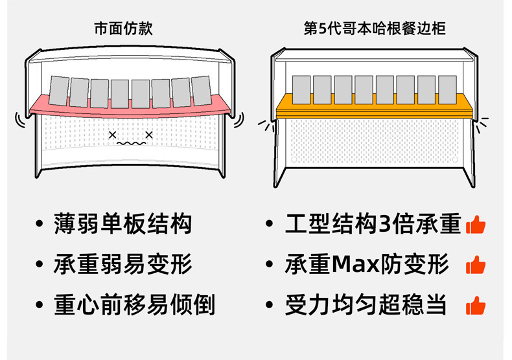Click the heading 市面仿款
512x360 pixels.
pos(123,28)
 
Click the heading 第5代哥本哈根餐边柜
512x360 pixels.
pos(375,28)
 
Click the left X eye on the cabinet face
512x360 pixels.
pos(112,135)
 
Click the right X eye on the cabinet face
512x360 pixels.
pos(149,135)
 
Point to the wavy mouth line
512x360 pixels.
pos(131,144)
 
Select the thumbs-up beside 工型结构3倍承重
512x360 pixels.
pos(476,225)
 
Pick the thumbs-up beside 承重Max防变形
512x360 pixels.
pos(476,265)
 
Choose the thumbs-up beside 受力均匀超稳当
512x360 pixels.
pos(476,305)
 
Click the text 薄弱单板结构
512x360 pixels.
pos(122,223)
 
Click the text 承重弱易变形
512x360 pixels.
pos(122,264)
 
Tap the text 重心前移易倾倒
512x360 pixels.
pos(134,304)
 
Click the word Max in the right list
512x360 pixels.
pos(355,264)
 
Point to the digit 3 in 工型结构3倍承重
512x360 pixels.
pos(386,224)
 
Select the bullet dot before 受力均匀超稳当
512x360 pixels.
pos(270,305)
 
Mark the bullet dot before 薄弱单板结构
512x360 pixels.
pos(39,223)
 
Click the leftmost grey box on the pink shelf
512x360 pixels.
pos(59,91)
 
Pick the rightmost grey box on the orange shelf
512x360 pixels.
pos(447,89)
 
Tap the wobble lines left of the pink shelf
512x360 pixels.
pos(20,120)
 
